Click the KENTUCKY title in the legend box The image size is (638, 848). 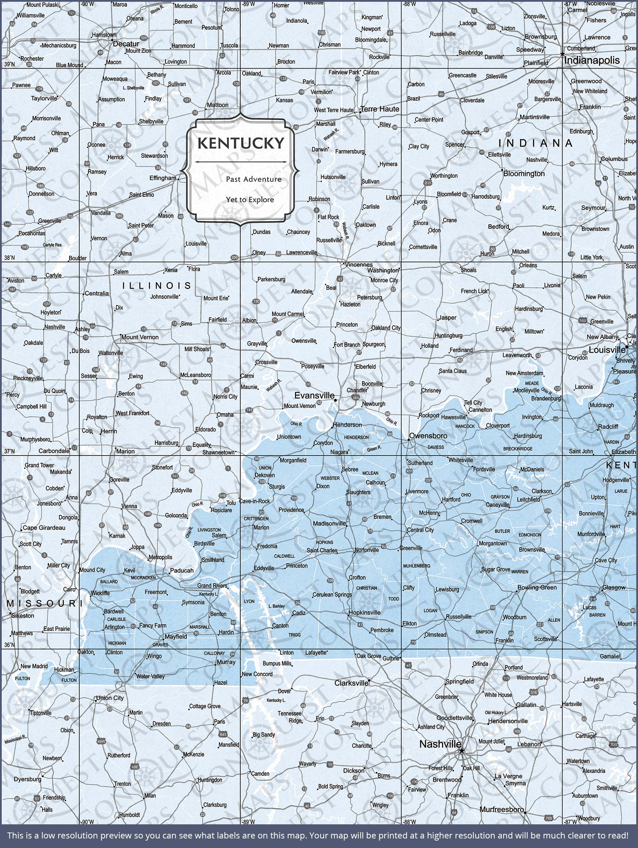[241, 143]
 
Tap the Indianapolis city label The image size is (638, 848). [592, 60]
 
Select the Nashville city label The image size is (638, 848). [440, 744]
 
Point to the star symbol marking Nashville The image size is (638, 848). [462, 750]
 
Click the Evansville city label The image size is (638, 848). [314, 395]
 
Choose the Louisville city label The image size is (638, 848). [607, 350]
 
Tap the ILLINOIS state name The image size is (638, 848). [157, 285]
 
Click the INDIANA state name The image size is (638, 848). [535, 143]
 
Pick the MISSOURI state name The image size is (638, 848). [42, 604]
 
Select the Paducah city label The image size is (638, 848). [181, 570]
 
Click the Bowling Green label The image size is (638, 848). [537, 588]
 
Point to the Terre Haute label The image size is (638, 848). [380, 109]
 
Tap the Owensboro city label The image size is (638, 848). [428, 436]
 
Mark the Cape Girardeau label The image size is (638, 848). [44, 528]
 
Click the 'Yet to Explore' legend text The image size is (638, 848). [250, 200]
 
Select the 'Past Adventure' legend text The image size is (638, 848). [253, 179]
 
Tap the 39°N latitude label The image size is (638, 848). [10, 64]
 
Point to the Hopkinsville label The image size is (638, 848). [364, 613]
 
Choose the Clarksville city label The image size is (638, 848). [351, 683]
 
